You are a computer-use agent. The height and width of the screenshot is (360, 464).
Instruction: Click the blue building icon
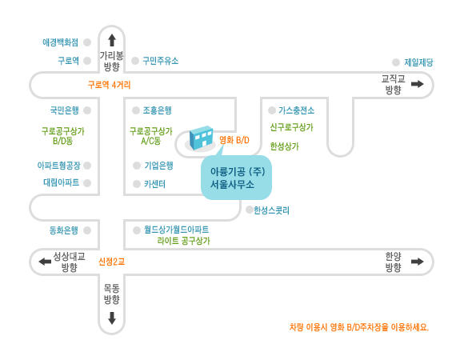pyautogui.click(x=202, y=138)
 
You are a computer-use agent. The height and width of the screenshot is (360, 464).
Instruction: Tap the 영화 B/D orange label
pyautogui.click(x=234, y=140)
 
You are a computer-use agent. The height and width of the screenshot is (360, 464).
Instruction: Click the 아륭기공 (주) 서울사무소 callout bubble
pyautogui.click(x=236, y=178)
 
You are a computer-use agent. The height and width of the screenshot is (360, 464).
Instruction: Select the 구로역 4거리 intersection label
pyautogui.click(x=109, y=85)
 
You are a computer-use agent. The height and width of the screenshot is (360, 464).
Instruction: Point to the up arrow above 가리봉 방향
pyautogui.click(x=112, y=40)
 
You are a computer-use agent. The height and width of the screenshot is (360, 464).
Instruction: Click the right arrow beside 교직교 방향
pyautogui.click(x=418, y=84)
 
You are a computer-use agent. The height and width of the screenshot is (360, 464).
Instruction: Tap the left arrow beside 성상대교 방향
pyautogui.click(x=45, y=262)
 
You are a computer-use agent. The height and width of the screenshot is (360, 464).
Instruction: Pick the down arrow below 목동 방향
pyautogui.click(x=112, y=318)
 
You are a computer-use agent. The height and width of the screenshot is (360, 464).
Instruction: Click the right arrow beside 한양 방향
pyautogui.click(x=418, y=262)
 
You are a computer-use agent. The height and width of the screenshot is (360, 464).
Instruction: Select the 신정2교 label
pyautogui.click(x=111, y=262)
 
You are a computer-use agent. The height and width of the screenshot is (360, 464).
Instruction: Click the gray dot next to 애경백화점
pyautogui.click(x=87, y=42)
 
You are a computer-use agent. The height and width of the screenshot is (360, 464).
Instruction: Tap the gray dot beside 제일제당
pyautogui.click(x=396, y=62)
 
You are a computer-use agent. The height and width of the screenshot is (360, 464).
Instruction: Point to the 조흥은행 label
pyautogui.click(x=157, y=110)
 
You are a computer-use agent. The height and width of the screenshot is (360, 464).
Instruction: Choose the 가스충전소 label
pyautogui.click(x=296, y=110)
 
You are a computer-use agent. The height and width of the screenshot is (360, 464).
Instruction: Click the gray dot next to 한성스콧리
pyautogui.click(x=250, y=210)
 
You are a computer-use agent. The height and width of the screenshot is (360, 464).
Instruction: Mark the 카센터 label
pyautogui.click(x=154, y=184)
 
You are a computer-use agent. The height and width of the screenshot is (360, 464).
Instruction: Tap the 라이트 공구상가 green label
pyautogui.click(x=183, y=241)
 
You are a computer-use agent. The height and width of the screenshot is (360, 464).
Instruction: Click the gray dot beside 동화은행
pyautogui.click(x=87, y=230)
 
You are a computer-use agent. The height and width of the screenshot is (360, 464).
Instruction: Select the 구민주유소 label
pyautogui.click(x=160, y=61)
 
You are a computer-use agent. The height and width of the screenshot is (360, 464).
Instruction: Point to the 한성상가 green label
pyautogui.click(x=284, y=146)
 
